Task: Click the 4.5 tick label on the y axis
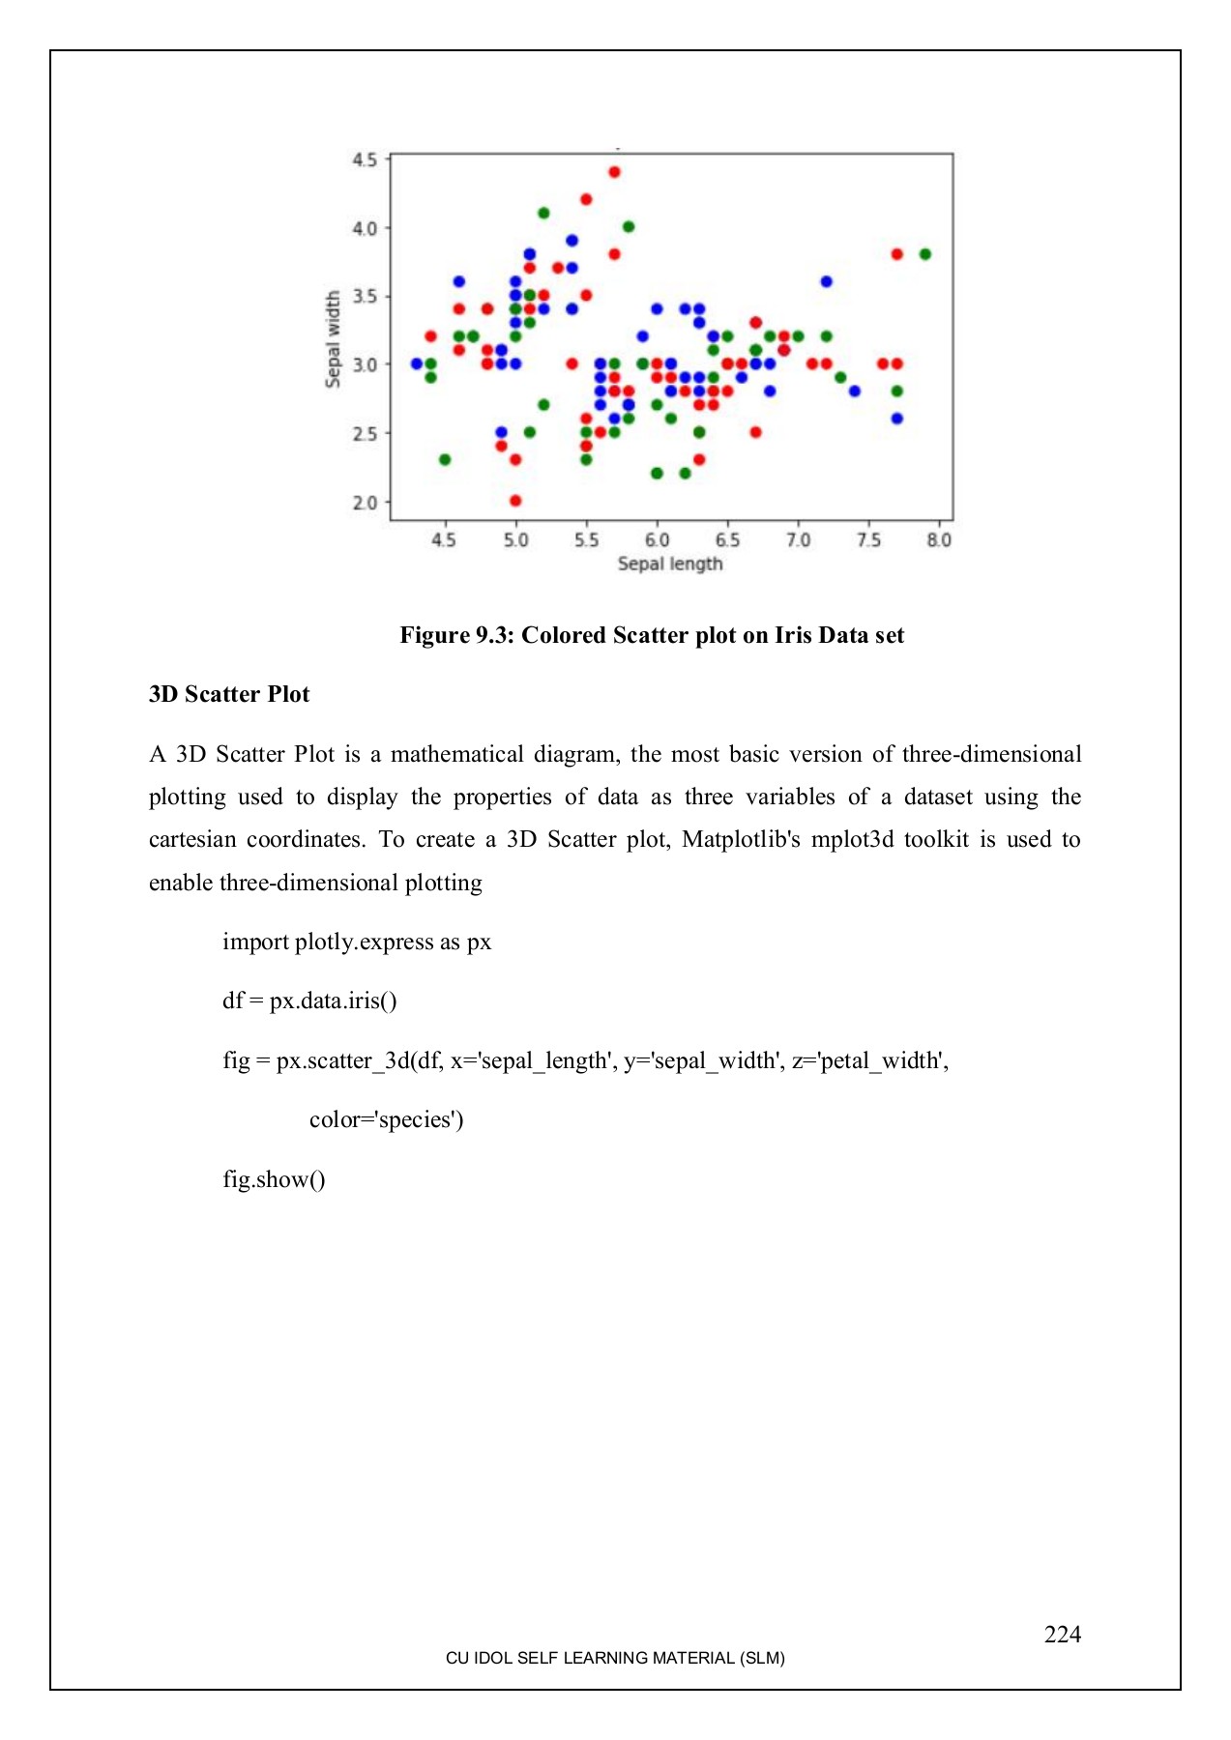coord(365,159)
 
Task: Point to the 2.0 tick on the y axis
coord(365,502)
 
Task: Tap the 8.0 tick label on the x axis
coord(939,539)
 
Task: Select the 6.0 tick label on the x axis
coord(657,539)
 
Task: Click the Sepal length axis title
coord(670,564)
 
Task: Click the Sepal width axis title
coord(334,339)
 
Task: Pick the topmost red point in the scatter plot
coord(614,172)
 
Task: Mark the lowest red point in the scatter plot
coord(515,501)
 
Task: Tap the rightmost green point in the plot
coord(925,254)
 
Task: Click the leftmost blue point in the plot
coord(417,363)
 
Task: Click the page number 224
coord(1062,1634)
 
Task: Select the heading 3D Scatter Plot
coord(229,694)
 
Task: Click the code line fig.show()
coord(274,1179)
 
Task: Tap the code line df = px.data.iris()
coord(309,1000)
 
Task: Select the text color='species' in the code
coord(386,1119)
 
